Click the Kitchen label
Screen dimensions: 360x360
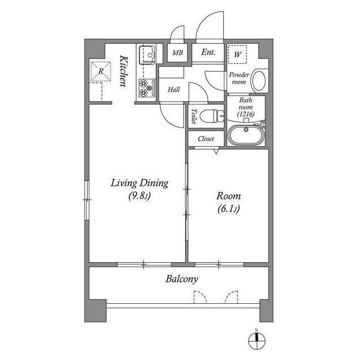[x=124, y=71]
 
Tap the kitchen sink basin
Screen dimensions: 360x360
[x=147, y=55]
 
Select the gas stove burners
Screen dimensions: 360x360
[x=147, y=88]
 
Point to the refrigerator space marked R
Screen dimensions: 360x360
[x=101, y=71]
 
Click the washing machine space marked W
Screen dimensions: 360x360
[x=237, y=55]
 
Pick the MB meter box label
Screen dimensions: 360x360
[x=178, y=53]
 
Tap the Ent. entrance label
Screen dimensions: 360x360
[x=208, y=52]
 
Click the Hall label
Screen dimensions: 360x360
[x=174, y=89]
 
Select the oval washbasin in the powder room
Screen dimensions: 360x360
[x=259, y=81]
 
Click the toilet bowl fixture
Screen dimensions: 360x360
[x=211, y=116]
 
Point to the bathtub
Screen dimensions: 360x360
[x=246, y=135]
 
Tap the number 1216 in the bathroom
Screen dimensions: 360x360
[x=246, y=114]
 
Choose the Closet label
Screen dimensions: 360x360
[x=206, y=139]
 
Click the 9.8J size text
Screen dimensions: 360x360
[x=139, y=196]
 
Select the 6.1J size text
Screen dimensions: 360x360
[x=228, y=209]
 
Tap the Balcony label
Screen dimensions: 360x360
[x=182, y=279]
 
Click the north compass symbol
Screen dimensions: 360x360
[x=256, y=340]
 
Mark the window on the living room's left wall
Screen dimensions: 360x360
[x=87, y=200]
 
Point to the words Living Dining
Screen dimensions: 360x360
[x=139, y=183]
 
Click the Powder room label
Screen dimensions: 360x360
[x=239, y=78]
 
